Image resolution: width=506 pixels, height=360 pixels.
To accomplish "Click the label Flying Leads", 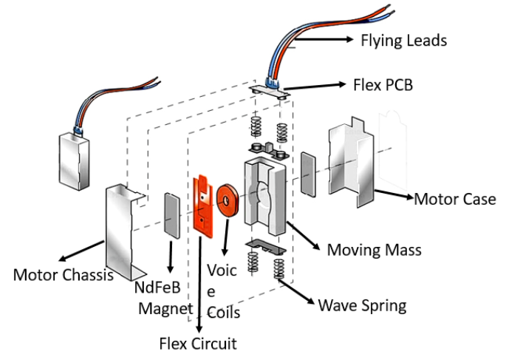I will [x=403, y=41].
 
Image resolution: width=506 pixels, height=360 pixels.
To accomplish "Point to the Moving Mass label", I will [x=374, y=249].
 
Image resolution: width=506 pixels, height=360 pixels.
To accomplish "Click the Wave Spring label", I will [x=363, y=305].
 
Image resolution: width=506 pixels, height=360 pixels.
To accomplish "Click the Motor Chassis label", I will [x=63, y=276].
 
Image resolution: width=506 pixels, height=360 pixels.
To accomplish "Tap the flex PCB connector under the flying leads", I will [x=270, y=87].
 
